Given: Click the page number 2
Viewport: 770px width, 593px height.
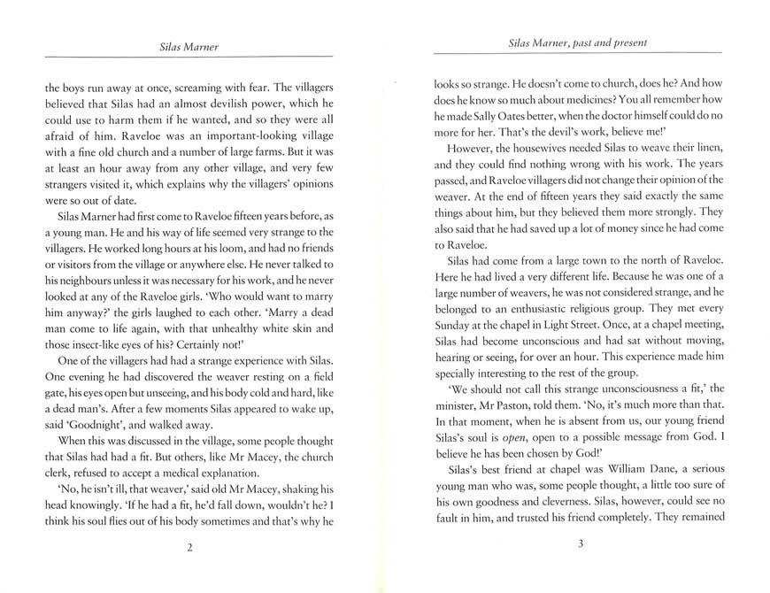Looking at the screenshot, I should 189,548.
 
